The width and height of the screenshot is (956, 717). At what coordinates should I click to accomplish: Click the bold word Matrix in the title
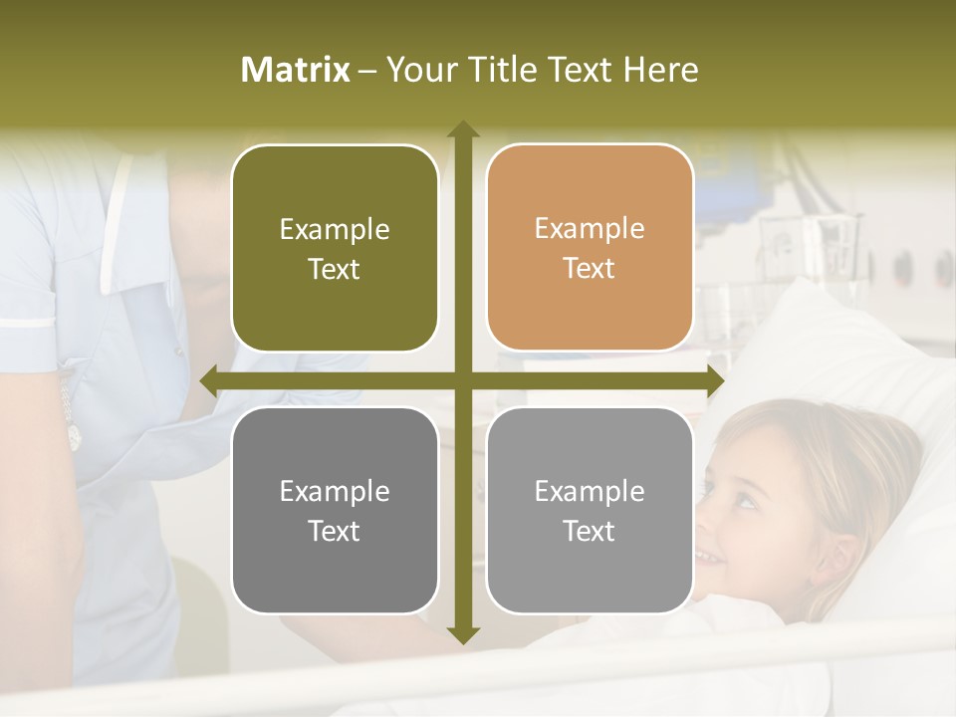point(296,70)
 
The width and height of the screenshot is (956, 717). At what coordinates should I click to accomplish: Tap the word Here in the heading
point(660,70)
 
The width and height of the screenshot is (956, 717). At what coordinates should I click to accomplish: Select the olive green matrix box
point(335,248)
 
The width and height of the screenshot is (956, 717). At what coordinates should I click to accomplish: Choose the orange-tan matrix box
point(590,248)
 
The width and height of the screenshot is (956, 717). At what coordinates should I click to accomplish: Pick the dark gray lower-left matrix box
point(335,510)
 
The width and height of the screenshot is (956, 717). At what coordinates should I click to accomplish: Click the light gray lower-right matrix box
point(590,510)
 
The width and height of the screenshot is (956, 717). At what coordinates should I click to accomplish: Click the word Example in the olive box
point(335,230)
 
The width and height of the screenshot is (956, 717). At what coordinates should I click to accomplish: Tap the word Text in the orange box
point(590,269)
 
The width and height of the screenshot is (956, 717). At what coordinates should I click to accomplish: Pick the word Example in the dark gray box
point(335,492)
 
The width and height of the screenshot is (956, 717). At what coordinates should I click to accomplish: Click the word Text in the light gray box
point(590,531)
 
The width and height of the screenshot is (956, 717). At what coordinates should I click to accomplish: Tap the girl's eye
point(744,499)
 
